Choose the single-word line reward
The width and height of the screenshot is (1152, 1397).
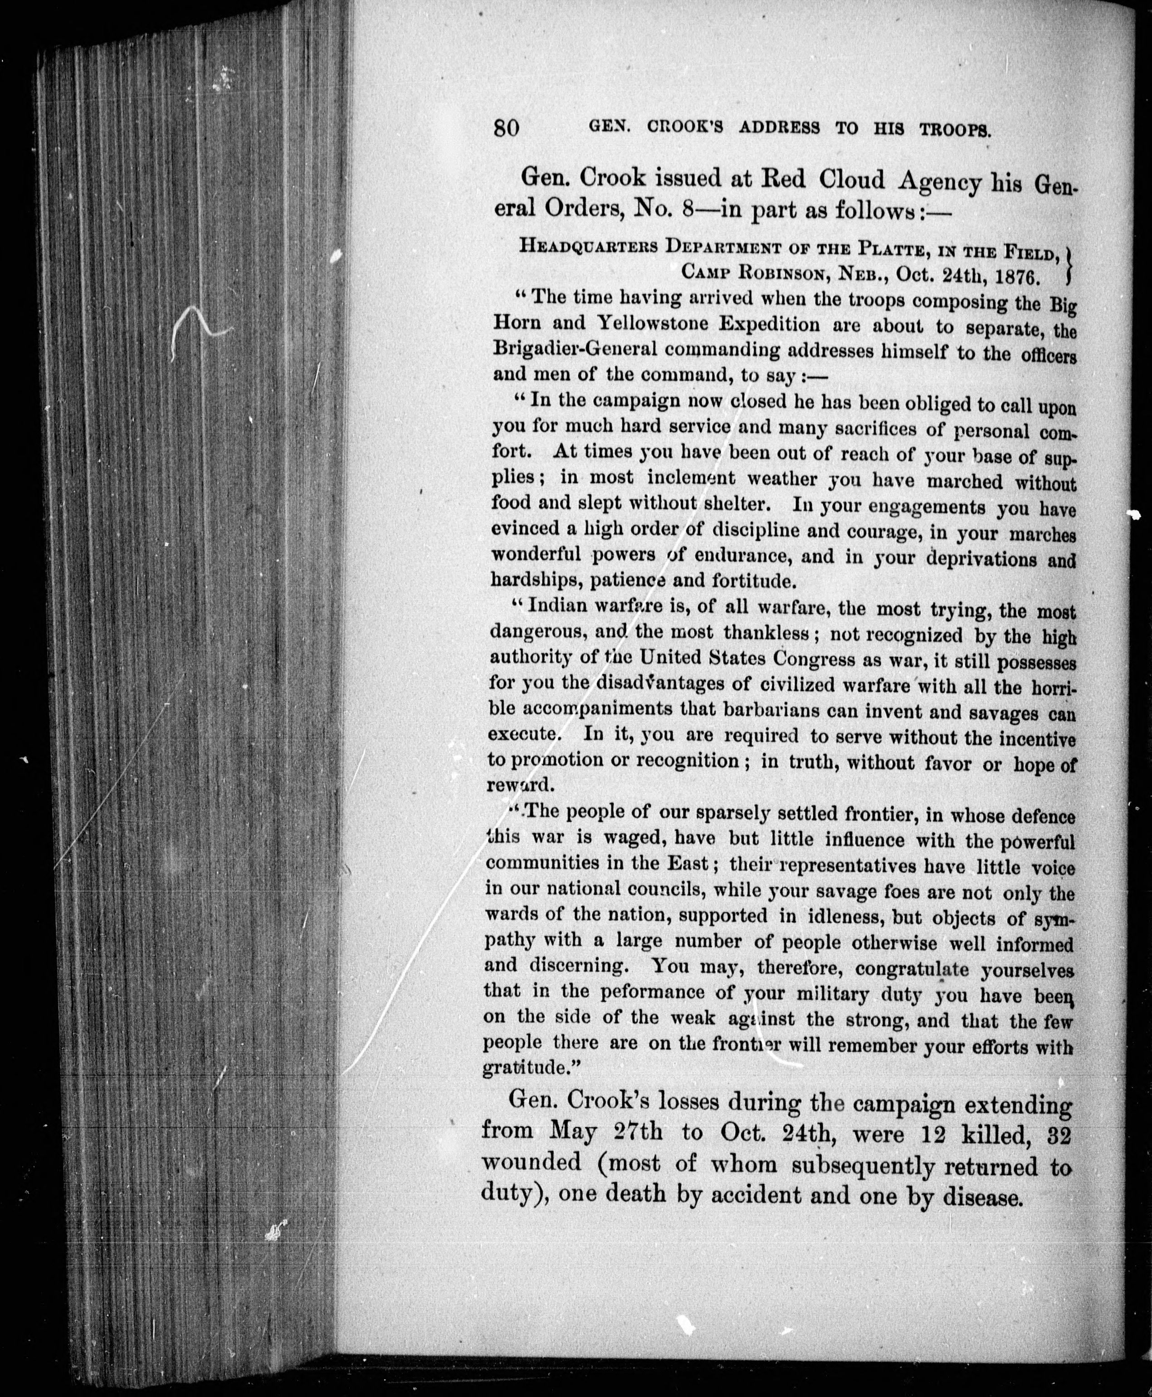coord(519,785)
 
